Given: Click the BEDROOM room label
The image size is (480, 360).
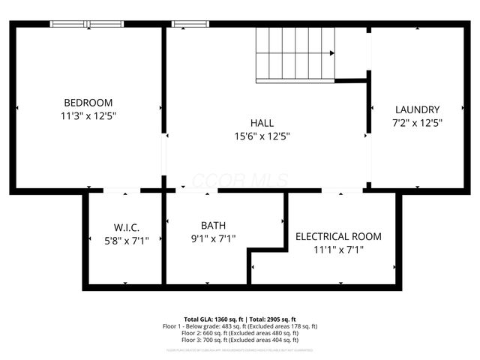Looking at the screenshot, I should (x=88, y=103).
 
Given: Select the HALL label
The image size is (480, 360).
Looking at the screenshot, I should (x=262, y=123).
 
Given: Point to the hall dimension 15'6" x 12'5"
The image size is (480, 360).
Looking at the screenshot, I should (x=262, y=136).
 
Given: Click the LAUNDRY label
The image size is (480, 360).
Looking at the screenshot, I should (x=417, y=109).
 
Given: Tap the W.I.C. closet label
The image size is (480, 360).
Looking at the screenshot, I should (x=127, y=227).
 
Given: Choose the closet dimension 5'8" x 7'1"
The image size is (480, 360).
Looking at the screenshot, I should (x=127, y=240).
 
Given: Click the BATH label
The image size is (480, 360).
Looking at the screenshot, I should (x=214, y=225).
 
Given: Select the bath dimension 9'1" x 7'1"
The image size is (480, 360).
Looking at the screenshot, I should (x=214, y=238).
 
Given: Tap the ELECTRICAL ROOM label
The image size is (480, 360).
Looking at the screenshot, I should (x=338, y=236).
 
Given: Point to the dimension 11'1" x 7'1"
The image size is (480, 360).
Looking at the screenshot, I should (x=338, y=250).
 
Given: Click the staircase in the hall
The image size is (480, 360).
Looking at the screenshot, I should (x=295, y=55).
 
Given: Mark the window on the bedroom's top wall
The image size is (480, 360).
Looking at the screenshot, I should (x=87, y=24).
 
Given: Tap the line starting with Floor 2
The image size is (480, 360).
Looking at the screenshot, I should (x=240, y=333).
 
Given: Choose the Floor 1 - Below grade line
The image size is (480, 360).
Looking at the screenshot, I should (x=240, y=326).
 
